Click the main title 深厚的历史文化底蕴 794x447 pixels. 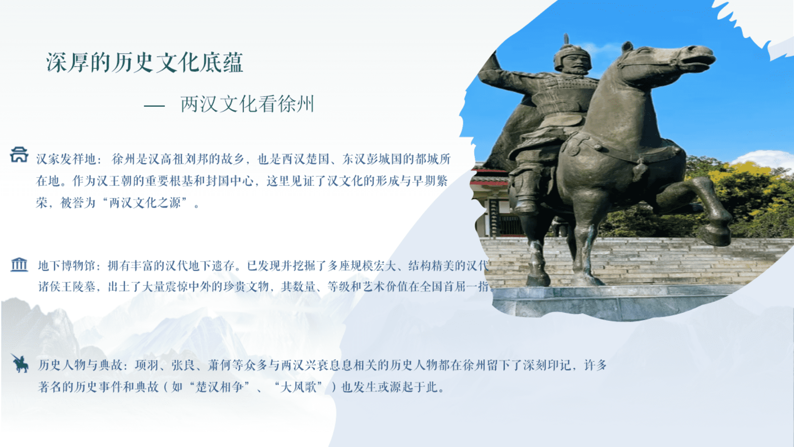coord(145,62)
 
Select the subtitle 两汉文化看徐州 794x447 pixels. coord(247,104)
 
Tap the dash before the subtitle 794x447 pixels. coord(154,106)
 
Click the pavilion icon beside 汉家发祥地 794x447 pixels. coord(19,154)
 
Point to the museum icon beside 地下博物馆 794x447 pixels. coord(19,264)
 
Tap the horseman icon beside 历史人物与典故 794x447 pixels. coord(19,363)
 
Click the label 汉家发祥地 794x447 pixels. coord(66,159)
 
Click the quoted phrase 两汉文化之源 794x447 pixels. coord(145,203)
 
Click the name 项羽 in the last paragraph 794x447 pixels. coord(146,365)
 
